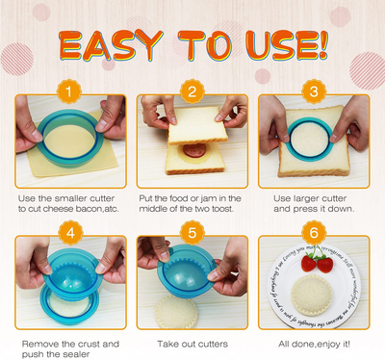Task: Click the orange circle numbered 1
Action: (x=67, y=94)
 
